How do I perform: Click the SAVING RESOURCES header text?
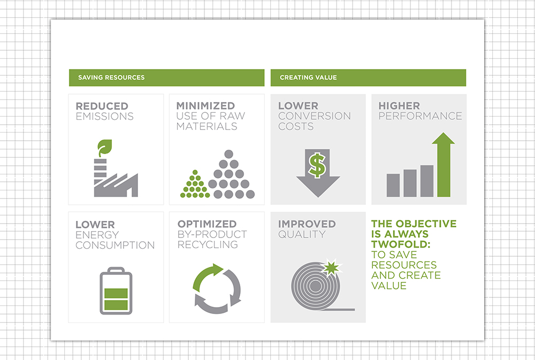[111, 78]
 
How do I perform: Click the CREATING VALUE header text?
[308, 78]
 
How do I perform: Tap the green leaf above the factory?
[104, 147]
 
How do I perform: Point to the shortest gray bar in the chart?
[393, 185]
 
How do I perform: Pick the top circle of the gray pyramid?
[228, 154]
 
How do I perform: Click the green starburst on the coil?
[331, 267]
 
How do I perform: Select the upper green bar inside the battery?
[116, 293]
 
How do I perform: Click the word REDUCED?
[102, 106]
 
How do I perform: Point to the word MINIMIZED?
[205, 106]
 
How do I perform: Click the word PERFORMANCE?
[420, 116]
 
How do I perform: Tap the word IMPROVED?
[307, 224]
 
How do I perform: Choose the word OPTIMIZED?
[207, 224]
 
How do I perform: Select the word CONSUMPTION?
[115, 245]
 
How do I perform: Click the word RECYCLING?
[208, 244]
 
